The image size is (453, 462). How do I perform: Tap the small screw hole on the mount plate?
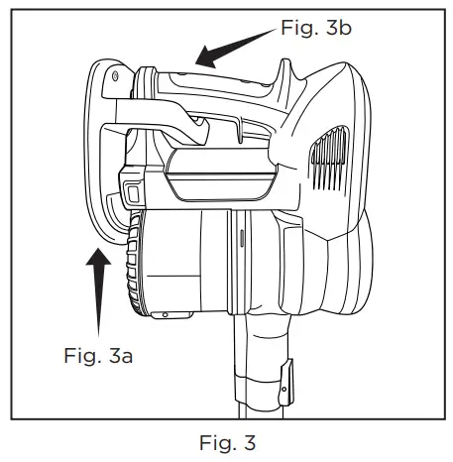(117, 75)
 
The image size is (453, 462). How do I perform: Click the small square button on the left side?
(129, 187)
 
